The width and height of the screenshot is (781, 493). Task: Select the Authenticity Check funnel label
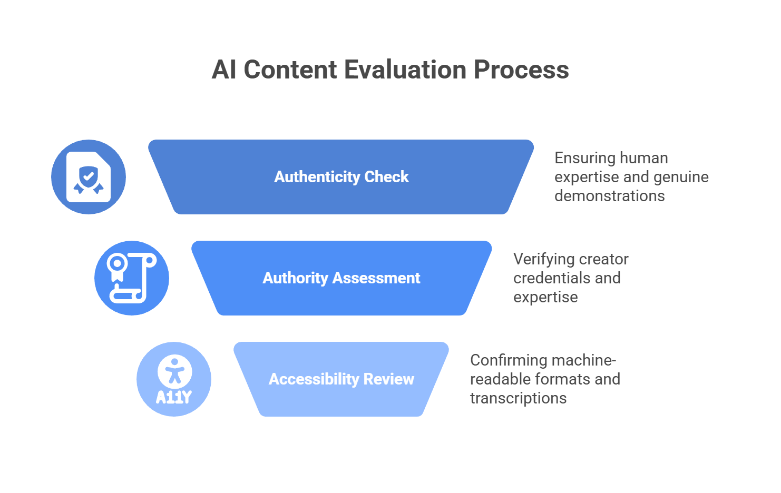tap(341, 177)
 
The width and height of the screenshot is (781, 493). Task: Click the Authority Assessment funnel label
tap(341, 278)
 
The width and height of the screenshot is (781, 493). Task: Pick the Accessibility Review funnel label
tap(341, 379)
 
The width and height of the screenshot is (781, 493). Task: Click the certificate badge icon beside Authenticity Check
tap(89, 177)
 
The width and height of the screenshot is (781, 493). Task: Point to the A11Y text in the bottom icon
tap(173, 397)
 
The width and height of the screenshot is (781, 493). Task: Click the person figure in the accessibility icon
tap(174, 371)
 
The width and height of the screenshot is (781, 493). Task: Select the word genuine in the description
tap(678, 177)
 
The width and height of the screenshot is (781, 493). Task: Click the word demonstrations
tap(609, 196)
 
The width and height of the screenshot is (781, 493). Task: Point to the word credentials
tap(551, 278)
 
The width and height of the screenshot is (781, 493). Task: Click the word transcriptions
tap(518, 398)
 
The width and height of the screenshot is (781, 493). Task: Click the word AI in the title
tap(223, 70)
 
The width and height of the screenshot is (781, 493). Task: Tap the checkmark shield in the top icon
tap(89, 175)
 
